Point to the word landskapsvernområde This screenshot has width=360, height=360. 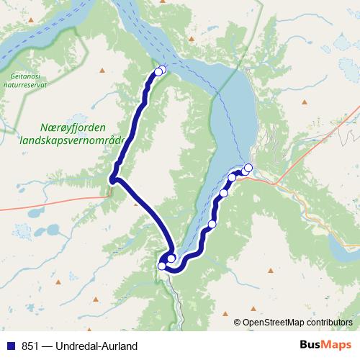coord(73,139)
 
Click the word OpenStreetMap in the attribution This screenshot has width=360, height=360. coord(273,323)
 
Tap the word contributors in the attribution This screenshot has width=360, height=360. coord(329,323)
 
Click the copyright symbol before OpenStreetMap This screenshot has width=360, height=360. coord(238,323)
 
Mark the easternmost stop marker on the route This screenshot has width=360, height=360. coord(248,168)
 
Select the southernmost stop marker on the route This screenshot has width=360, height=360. coord(162,266)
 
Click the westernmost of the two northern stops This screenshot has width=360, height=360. coord(158,71)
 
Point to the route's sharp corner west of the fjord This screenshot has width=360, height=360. coord(113,179)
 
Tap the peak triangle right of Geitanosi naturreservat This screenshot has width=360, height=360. coord(102,70)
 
